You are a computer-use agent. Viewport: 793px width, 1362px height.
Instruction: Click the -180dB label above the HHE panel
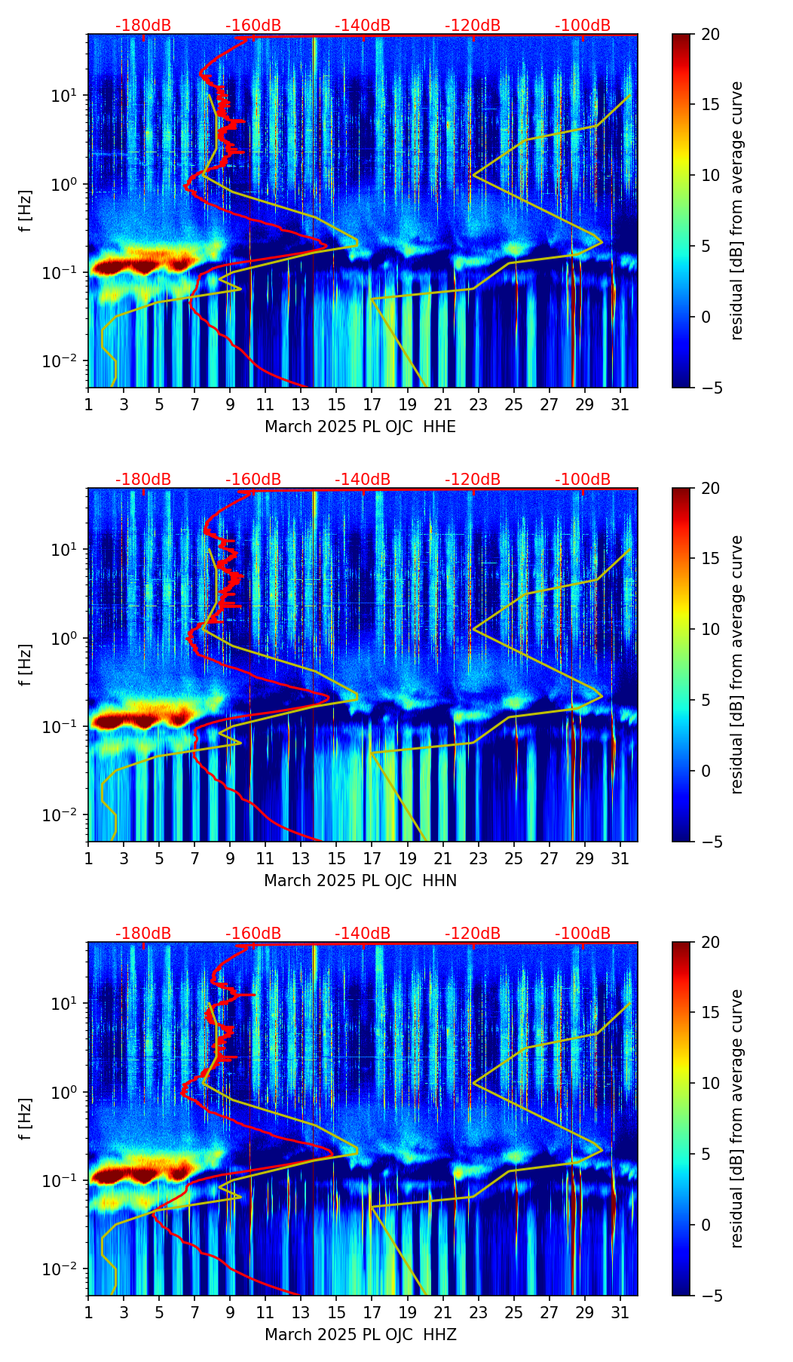point(143,26)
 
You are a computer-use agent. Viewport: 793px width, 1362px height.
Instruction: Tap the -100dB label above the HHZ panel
point(583,934)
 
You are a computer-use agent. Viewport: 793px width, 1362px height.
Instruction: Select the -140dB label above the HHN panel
point(363,480)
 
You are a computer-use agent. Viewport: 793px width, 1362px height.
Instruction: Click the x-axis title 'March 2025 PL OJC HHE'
point(360,427)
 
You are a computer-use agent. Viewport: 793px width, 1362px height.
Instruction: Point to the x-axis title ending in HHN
point(360,881)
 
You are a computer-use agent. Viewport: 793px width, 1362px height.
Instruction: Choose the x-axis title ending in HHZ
point(360,1335)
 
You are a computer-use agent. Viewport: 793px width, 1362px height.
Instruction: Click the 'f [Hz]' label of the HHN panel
point(26,664)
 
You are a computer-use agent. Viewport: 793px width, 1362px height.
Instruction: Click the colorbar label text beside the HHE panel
point(737,210)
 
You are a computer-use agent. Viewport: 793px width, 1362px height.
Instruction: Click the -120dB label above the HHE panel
point(473,26)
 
